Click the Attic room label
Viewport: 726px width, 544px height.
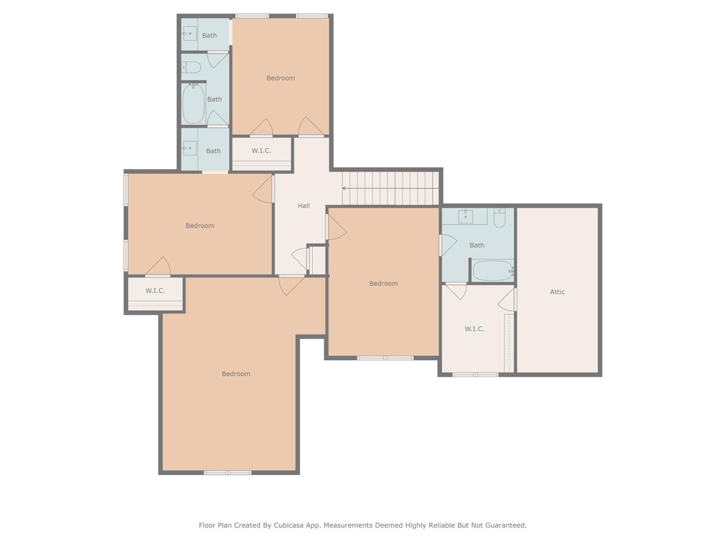click(x=557, y=292)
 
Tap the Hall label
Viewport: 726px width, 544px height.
click(x=304, y=206)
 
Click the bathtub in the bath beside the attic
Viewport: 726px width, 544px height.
click(x=492, y=271)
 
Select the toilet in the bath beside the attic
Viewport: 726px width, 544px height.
click(x=499, y=218)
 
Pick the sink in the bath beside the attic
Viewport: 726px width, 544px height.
click(x=465, y=216)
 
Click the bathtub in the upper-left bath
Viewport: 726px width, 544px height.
click(x=194, y=104)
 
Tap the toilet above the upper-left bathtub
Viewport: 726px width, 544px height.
click(x=192, y=67)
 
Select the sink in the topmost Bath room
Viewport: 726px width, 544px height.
click(x=189, y=33)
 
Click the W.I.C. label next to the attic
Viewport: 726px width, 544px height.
click(x=474, y=329)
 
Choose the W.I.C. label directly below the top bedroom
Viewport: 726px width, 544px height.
click(x=261, y=151)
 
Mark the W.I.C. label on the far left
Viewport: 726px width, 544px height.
click(x=155, y=291)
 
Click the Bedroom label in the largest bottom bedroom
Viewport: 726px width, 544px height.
click(x=236, y=374)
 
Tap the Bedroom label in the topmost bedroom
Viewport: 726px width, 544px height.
click(x=281, y=78)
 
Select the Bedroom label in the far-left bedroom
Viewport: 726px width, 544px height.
click(x=200, y=225)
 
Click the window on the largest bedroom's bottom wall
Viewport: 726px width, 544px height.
click(x=227, y=473)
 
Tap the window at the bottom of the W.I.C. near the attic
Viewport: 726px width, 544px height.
click(x=476, y=375)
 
